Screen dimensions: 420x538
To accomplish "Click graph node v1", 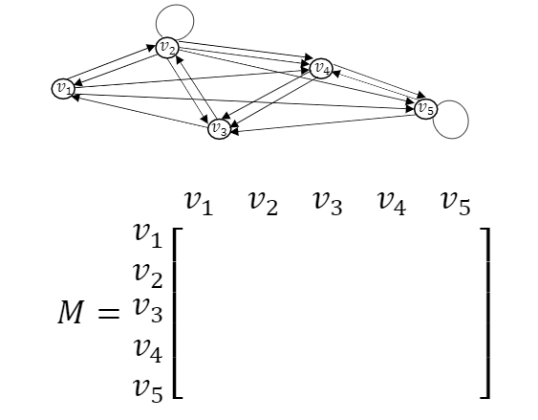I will pyautogui.click(x=63, y=88).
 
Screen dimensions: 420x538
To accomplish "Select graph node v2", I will pyautogui.click(x=167, y=48).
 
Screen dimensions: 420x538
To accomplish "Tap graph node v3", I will pyautogui.click(x=219, y=128).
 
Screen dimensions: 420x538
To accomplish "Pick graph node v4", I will pyautogui.click(x=321, y=68).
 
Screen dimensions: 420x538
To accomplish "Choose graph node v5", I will pyautogui.click(x=426, y=108).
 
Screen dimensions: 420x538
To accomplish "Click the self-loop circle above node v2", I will pyautogui.click(x=175, y=21).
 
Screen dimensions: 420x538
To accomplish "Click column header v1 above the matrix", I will pyautogui.click(x=199, y=202).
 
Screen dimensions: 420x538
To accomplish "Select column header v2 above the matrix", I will pyautogui.click(x=263, y=202).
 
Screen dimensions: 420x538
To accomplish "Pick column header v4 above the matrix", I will pyautogui.click(x=392, y=202).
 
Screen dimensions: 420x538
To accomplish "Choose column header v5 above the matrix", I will pyautogui.click(x=456, y=202).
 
